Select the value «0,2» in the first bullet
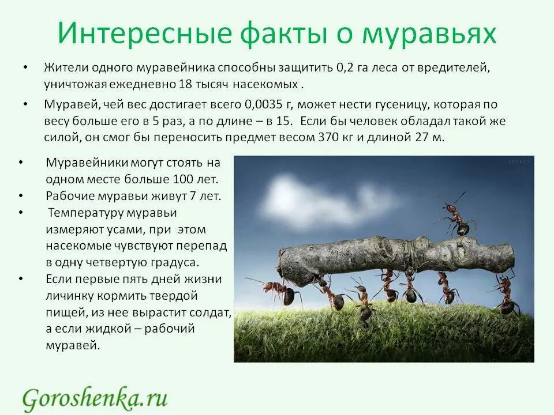343,67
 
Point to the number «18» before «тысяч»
185,84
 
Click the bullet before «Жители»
25,67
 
